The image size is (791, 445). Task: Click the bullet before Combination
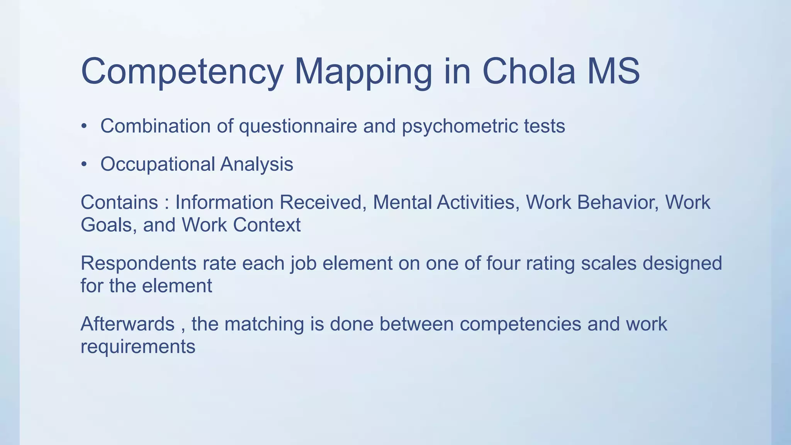[x=84, y=127]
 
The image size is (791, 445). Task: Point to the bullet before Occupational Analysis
[x=84, y=165]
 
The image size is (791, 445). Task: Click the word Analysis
[x=256, y=165]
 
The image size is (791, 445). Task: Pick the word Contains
[x=119, y=202]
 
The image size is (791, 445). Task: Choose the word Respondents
[x=139, y=263]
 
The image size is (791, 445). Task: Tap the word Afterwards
[x=127, y=324]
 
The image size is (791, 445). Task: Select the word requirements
[x=138, y=346]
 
